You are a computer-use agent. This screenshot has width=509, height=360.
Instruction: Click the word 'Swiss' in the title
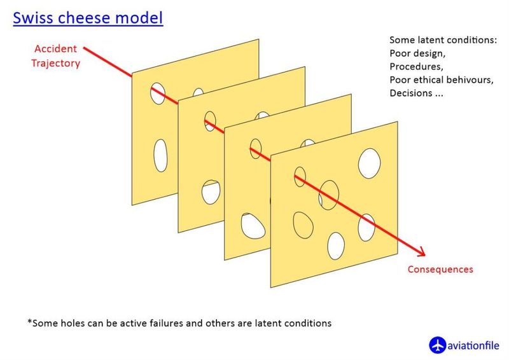[33, 18]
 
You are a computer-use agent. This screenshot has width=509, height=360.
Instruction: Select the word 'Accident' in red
[55, 49]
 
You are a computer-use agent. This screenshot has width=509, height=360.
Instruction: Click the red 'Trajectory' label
[55, 63]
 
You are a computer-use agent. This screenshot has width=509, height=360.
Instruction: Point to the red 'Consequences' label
[440, 269]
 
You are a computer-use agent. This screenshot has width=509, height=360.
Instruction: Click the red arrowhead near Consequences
[421, 252]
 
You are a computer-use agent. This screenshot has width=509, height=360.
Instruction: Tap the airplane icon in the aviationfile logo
[437, 345]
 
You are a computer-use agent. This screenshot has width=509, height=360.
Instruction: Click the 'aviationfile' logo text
[473, 345]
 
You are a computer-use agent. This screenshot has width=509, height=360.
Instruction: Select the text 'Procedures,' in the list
[417, 67]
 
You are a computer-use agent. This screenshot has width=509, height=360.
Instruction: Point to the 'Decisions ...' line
[417, 93]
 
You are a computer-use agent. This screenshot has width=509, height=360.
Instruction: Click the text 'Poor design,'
[417, 53]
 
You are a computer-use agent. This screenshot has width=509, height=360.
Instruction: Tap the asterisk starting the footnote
[30, 322]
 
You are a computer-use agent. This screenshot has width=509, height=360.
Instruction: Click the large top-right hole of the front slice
[370, 163]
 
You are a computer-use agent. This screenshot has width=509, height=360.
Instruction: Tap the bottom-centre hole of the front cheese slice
[336, 246]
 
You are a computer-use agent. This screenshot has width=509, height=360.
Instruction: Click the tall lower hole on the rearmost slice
[160, 155]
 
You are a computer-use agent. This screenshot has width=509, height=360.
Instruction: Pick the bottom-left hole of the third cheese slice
[253, 226]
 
